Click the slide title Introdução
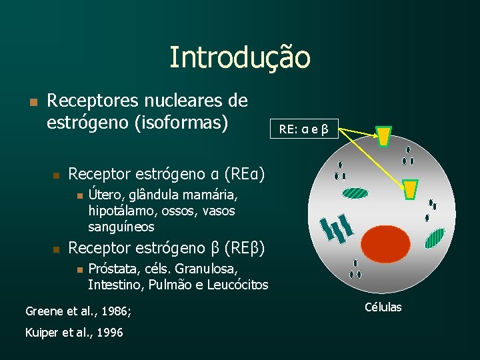coord(239,57)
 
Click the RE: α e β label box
coord(304,129)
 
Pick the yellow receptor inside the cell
coord(411,189)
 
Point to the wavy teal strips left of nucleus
coord(335,228)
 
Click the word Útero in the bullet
coord(105,195)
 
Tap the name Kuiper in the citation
coord(41,332)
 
